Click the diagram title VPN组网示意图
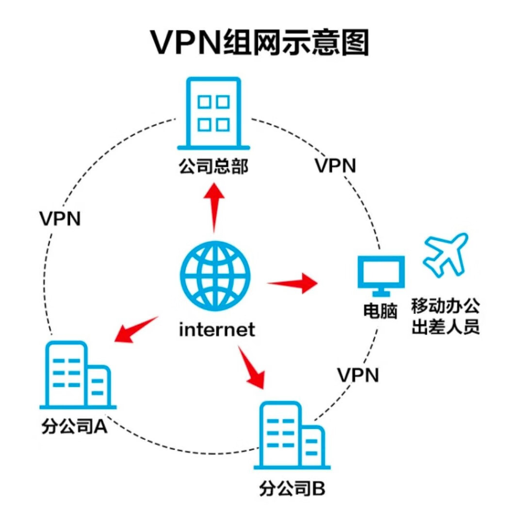[x=259, y=43]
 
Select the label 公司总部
[x=213, y=166]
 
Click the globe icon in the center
[x=215, y=276]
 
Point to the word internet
[x=217, y=329]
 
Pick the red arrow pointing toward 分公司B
[x=252, y=367]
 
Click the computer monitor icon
[x=381, y=276]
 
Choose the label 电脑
[x=380, y=311]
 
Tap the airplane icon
[x=446, y=255]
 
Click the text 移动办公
[x=445, y=306]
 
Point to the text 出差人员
[x=445, y=327]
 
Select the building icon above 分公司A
[x=78, y=375]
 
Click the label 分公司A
[x=74, y=426]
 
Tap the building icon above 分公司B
[x=292, y=436]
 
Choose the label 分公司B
[x=292, y=488]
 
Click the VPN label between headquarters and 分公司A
[x=60, y=218]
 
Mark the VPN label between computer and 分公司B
[x=358, y=375]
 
